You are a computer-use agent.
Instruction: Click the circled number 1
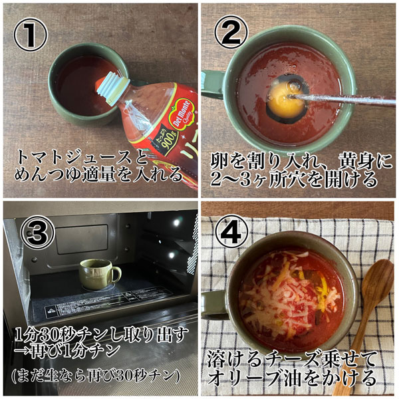(31, 35)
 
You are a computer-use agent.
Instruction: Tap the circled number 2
(231, 33)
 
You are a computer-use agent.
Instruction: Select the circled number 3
(37, 232)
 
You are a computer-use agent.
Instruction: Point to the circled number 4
(231, 232)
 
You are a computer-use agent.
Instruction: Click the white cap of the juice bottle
(111, 88)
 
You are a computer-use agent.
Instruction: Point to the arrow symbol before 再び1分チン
(23, 351)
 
